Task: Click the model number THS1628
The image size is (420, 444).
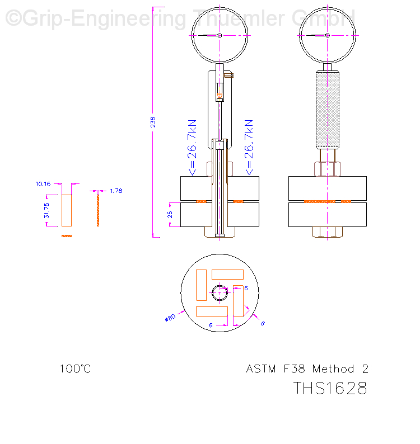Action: point(330,388)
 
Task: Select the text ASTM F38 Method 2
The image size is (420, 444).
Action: point(307,369)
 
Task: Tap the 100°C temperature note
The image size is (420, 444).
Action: point(75,369)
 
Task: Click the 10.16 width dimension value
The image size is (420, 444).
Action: point(43,183)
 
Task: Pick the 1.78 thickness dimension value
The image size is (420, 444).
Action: point(116,191)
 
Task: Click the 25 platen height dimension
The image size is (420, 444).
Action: point(170,215)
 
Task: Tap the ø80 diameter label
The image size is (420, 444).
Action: point(170,318)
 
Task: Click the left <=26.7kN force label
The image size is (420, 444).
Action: point(192,147)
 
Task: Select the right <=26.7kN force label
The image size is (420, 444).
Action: point(249,147)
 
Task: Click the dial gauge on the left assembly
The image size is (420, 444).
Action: point(220,35)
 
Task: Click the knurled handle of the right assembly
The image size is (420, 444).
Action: point(328,109)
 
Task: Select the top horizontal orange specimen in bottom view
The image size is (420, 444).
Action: point(227,275)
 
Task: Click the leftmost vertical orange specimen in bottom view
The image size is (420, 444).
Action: point(201,285)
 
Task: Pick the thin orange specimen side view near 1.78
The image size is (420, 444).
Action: point(98,208)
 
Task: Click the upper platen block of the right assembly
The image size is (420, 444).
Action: point(328,188)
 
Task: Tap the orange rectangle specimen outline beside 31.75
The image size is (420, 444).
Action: point(67,210)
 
